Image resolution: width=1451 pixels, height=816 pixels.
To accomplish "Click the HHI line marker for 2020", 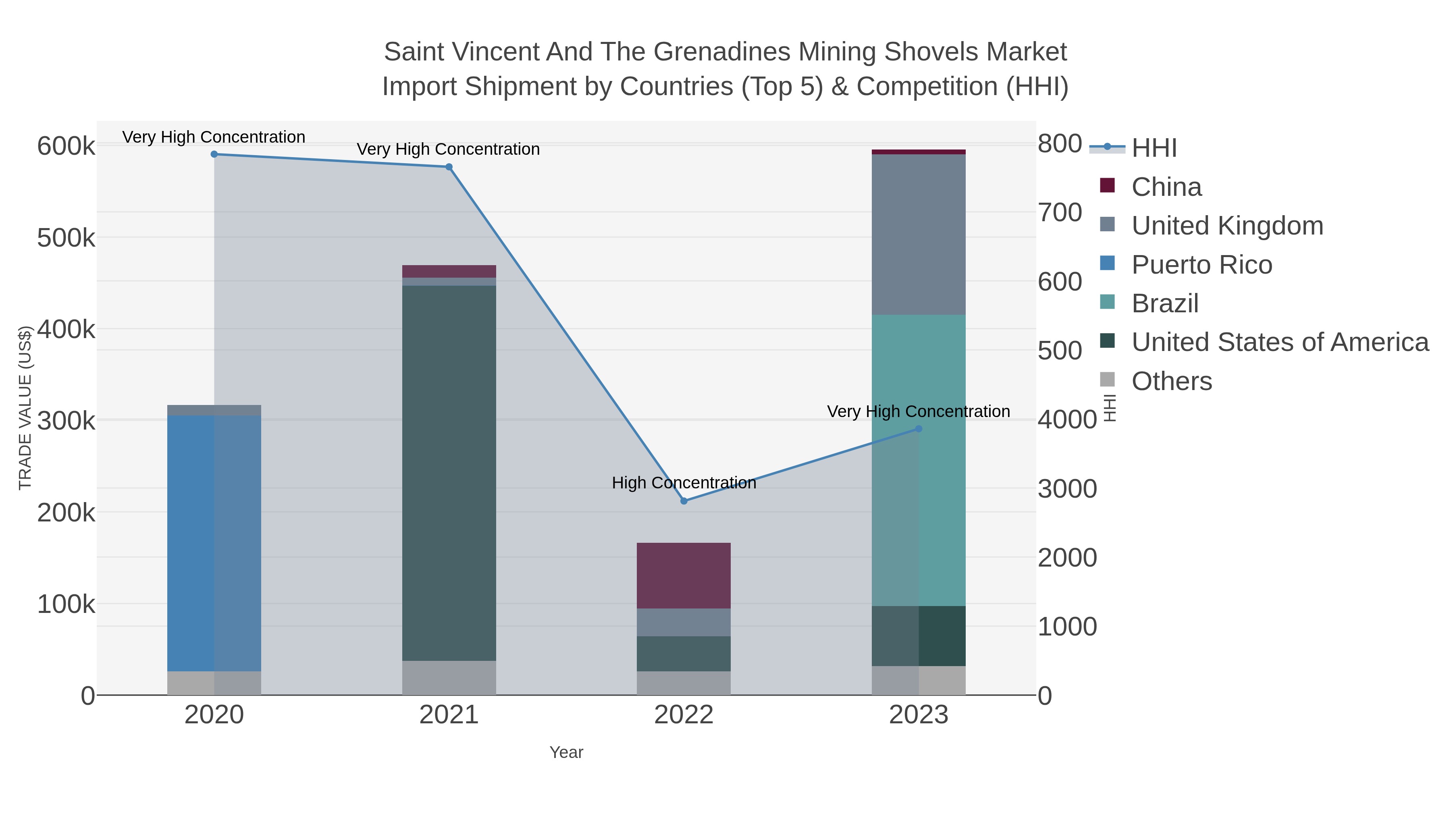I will (x=214, y=154).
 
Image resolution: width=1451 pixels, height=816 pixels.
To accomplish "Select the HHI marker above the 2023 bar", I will (x=919, y=429).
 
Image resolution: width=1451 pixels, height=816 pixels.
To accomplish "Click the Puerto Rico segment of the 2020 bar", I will (x=214, y=544).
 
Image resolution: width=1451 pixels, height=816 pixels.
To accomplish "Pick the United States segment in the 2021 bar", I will (x=449, y=473).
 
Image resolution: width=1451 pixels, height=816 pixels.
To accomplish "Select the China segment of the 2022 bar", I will (x=684, y=575).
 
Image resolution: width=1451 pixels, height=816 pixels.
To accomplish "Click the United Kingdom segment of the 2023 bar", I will (x=919, y=234).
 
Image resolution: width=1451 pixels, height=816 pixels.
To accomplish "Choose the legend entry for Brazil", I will (x=1164, y=303).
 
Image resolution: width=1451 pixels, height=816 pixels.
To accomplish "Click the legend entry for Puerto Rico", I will (x=1201, y=265).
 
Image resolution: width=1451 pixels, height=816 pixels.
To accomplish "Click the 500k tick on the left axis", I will (x=66, y=238).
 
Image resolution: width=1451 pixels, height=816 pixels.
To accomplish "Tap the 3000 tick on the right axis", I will (x=1067, y=489).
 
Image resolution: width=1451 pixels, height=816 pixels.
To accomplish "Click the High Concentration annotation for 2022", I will (x=684, y=483).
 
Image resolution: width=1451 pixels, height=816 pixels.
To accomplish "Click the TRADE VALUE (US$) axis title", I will (x=25, y=408).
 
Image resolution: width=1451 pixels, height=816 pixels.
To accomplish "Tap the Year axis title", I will (x=566, y=752).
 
